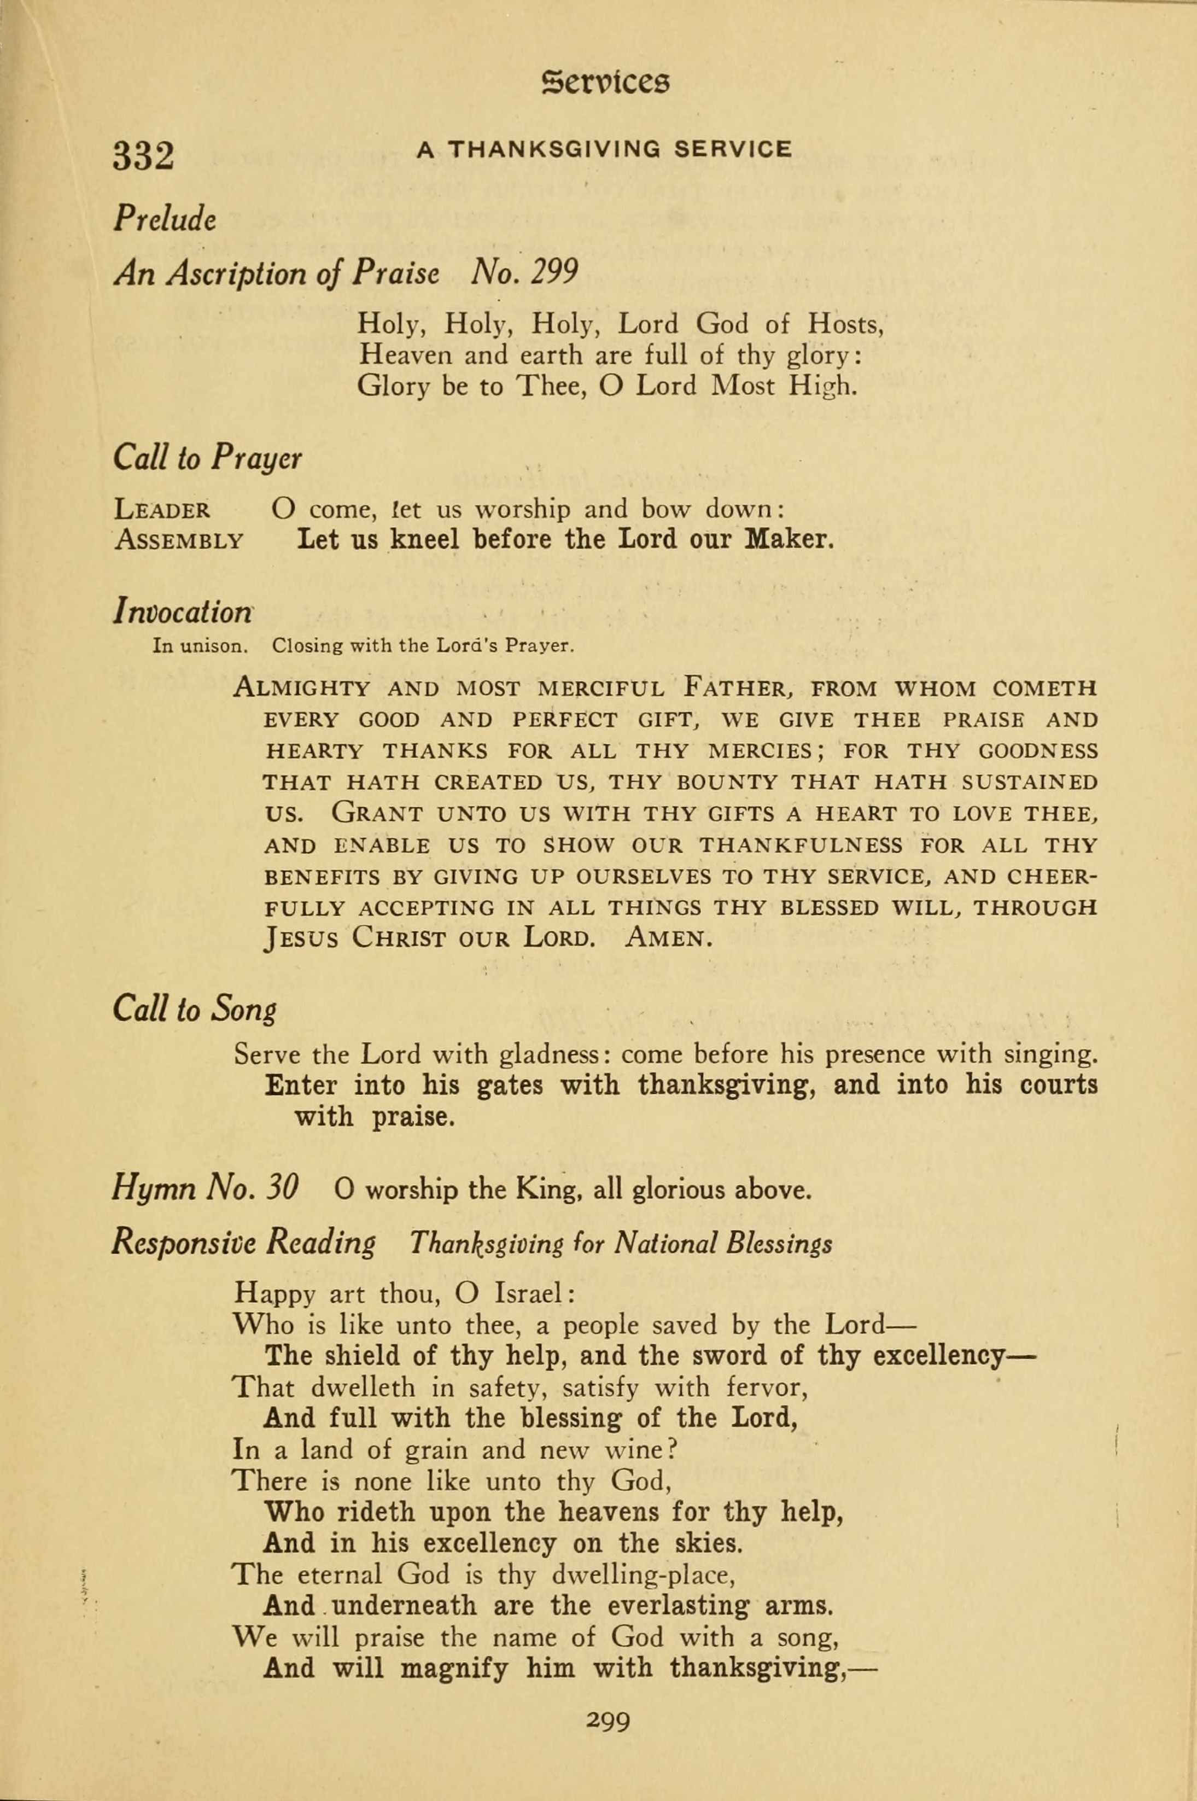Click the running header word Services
point(605,81)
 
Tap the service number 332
point(143,156)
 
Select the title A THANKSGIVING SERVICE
point(604,150)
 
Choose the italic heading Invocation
point(183,611)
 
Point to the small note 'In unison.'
point(200,646)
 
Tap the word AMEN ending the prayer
point(668,937)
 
